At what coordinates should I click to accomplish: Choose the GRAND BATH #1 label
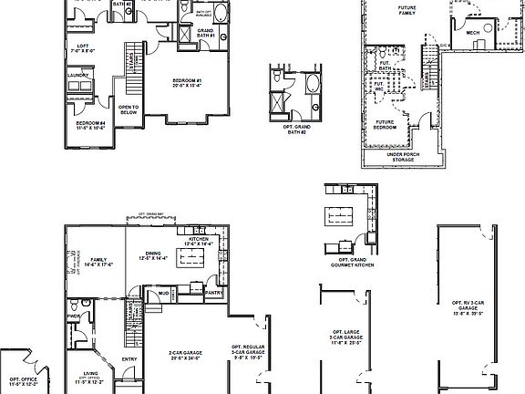pos(204,34)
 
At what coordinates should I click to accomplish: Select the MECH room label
pos(473,33)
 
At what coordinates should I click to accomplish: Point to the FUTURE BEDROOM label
pos(386,124)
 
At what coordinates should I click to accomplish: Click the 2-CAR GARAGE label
pos(185,354)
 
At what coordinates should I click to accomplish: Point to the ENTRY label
pos(129,358)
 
